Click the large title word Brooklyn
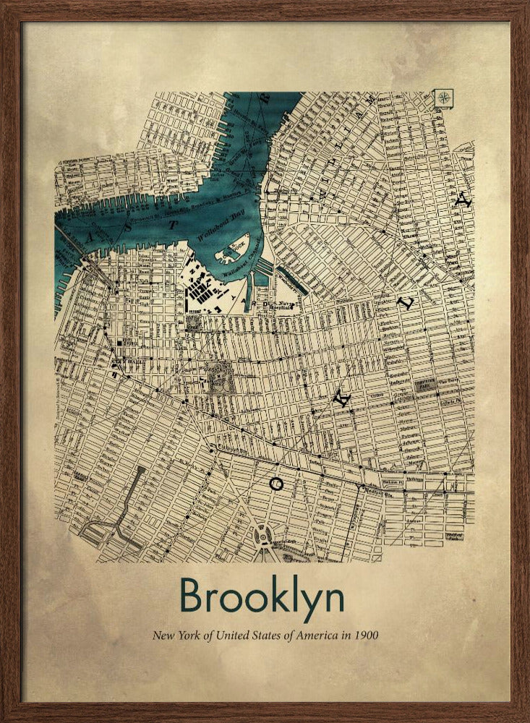[x=262, y=597]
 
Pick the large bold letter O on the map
[x=275, y=484]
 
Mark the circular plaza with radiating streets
[x=264, y=536]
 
